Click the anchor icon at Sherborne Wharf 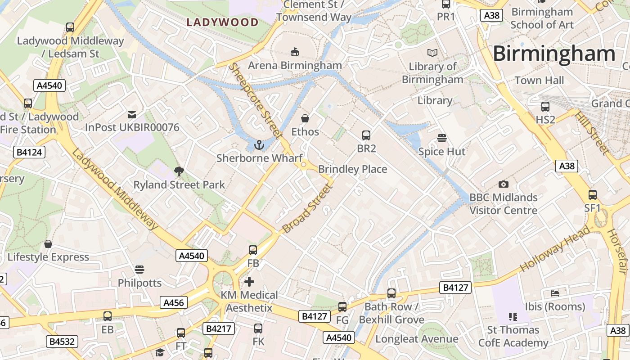coord(259,145)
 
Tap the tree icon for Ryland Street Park coord(179,171)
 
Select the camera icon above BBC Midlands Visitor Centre coord(504,184)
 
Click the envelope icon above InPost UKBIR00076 coord(132,114)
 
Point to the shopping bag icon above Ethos coord(305,118)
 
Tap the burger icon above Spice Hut coord(442,138)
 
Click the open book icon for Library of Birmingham coord(432,53)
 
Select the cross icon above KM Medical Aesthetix coord(249,282)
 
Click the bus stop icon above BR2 coord(366,135)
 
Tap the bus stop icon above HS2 coord(545,107)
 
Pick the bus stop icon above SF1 coord(593,195)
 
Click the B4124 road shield coord(29,152)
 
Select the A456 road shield coord(174,302)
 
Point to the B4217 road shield coord(219,328)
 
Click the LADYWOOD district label coord(223,22)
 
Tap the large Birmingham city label coord(554,54)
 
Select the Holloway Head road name coord(554,249)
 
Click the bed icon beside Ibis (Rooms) coord(555,293)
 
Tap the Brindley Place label coord(352,169)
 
